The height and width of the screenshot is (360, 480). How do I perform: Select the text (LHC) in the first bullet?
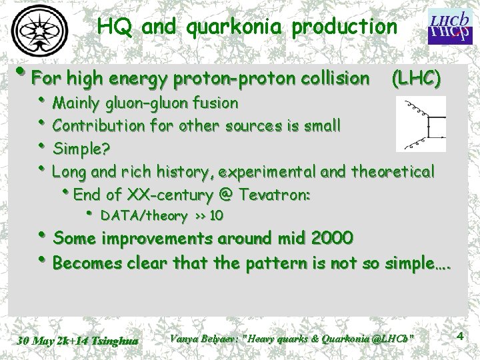pyautogui.click(x=416, y=79)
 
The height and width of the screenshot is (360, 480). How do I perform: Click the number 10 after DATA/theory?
pyautogui.click(x=216, y=215)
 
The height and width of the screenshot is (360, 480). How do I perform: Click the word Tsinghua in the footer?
pyautogui.click(x=117, y=341)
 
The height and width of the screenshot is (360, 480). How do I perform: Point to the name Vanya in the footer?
pyautogui.click(x=184, y=338)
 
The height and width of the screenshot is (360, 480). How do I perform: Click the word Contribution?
pyautogui.click(x=89, y=125)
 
